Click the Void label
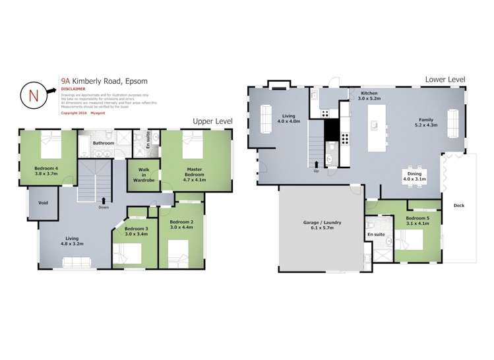[x=44, y=202]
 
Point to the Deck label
[x=458, y=205]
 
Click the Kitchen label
[x=369, y=94]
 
